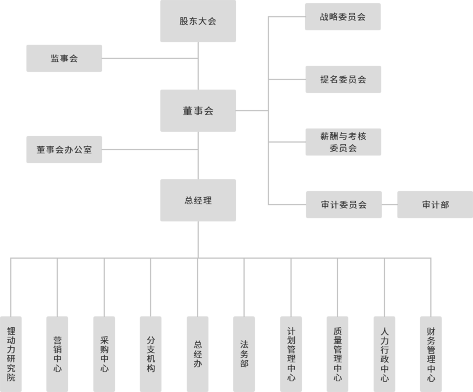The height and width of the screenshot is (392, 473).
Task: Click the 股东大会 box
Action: pyautogui.click(x=198, y=22)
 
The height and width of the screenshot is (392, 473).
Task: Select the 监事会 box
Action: pyautogui.click(x=64, y=58)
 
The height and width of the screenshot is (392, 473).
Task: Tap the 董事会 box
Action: pyautogui.click(x=198, y=111)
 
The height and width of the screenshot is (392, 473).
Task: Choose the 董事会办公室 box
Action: pyautogui.click(x=64, y=150)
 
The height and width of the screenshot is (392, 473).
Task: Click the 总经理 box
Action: pyautogui.click(x=198, y=200)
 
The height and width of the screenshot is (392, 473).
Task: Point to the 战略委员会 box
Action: pyautogui.click(x=343, y=17)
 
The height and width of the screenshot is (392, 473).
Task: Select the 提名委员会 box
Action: pyautogui.click(x=343, y=79)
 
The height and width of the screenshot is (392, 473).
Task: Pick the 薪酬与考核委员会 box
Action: pyautogui.click(x=343, y=142)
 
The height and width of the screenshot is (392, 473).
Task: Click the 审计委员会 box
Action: pyautogui.click(x=343, y=205)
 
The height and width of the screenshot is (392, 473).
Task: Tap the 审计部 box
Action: pyautogui.click(x=435, y=205)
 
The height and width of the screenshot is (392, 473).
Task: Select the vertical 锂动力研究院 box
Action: pyautogui.click(x=11, y=354)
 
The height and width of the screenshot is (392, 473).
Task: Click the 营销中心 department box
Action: pyautogui.click(x=57, y=354)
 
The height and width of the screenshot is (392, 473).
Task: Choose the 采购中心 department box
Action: pyautogui.click(x=104, y=354)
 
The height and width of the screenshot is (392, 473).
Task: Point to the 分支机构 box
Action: pyautogui.click(x=151, y=354)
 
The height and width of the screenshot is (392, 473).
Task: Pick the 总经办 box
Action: pyautogui.click(x=198, y=354)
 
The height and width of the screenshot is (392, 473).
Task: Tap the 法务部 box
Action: pyautogui.click(x=244, y=354)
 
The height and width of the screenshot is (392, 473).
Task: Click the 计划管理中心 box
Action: pyautogui.click(x=291, y=354)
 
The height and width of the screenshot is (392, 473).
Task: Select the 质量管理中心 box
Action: pyautogui.click(x=337, y=354)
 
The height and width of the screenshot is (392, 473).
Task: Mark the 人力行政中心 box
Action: pyautogui.click(x=384, y=354)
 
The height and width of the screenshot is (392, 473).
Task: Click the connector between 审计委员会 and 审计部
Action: pyautogui.click(x=389, y=205)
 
